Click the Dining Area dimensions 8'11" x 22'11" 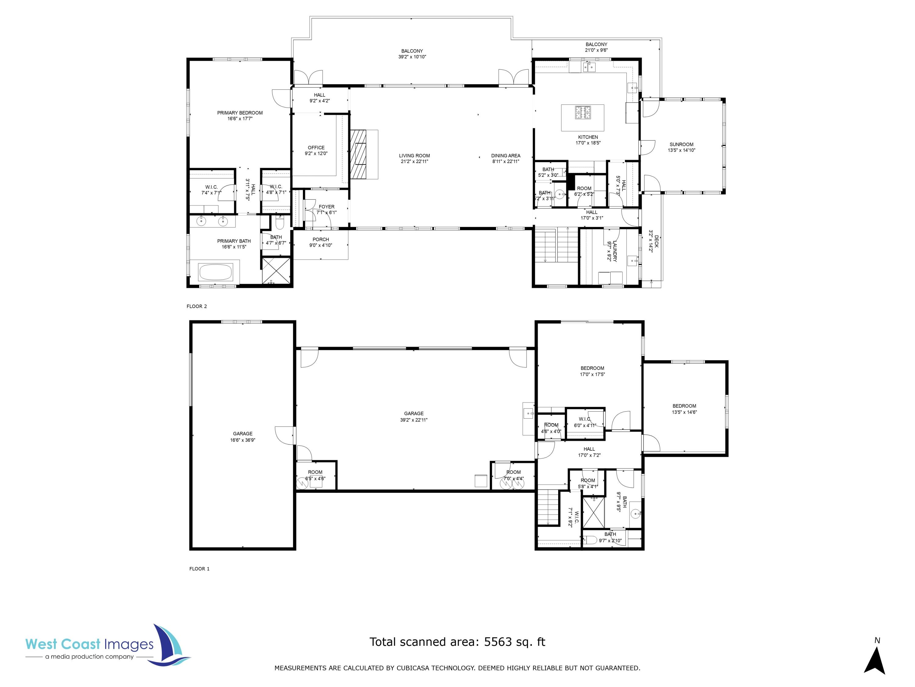(x=505, y=162)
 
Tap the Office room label (x=316, y=147)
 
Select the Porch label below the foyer (x=321, y=239)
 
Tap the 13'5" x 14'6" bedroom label (x=684, y=412)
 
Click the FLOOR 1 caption (x=199, y=569)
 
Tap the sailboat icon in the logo (x=170, y=644)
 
